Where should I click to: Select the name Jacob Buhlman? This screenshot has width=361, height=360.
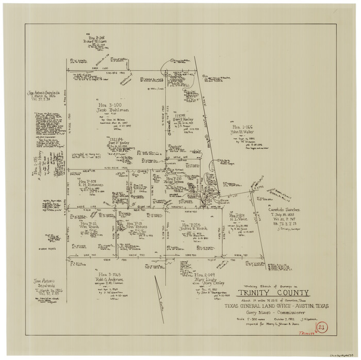111,110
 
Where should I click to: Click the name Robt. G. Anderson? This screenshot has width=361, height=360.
109,280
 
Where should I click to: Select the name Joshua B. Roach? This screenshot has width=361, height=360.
193,229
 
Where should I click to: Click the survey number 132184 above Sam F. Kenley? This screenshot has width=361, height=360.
116,139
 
